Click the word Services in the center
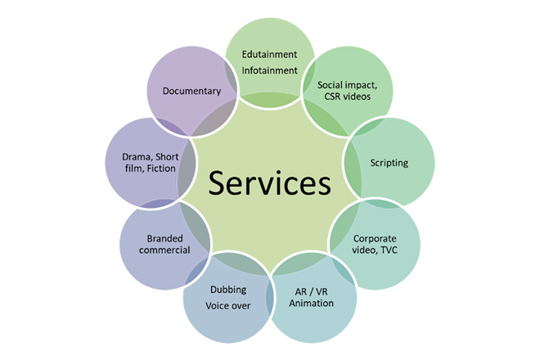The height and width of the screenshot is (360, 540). point(270,183)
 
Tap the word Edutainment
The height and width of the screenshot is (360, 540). point(269,55)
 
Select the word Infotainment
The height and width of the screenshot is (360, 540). point(269,70)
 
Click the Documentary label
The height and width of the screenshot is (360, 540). point(191,92)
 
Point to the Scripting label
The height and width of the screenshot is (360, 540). point(389,163)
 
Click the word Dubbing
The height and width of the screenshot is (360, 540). point(228,290)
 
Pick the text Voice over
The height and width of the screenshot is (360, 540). point(228,305)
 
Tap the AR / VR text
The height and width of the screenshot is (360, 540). point(312,292)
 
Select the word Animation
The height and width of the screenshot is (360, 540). point(312,304)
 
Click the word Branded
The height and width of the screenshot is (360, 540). point(165,238)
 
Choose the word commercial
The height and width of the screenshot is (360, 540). point(164,250)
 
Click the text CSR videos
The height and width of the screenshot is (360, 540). point(348,97)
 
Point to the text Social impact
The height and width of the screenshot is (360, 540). point(347,85)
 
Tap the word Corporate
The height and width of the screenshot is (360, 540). point(375,239)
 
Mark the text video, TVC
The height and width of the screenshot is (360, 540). point(375,250)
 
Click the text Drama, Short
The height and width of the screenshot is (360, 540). point(151,157)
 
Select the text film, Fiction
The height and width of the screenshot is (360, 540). point(151,169)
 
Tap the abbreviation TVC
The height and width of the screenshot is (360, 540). point(389,250)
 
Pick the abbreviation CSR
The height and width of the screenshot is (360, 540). point(332,97)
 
